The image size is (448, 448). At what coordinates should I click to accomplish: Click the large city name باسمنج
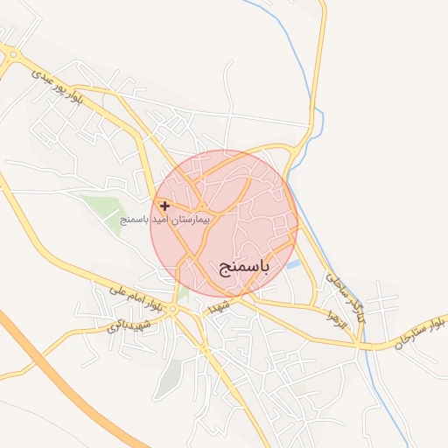tap(244, 264)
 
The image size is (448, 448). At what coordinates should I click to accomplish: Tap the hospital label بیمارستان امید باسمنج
tap(165, 219)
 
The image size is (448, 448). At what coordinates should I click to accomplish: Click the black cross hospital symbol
tap(165, 206)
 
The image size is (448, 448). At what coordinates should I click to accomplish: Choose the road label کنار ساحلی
tap(344, 294)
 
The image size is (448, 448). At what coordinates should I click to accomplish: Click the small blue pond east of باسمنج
tap(293, 263)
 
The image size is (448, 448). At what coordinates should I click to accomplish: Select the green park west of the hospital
tap(103, 208)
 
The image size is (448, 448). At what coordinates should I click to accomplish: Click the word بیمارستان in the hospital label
tap(191, 219)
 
